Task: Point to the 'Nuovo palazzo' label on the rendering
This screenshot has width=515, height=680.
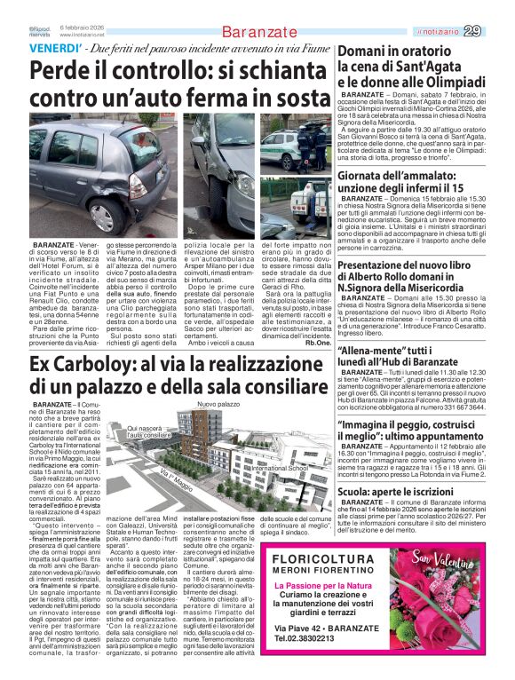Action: click(219, 404)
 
